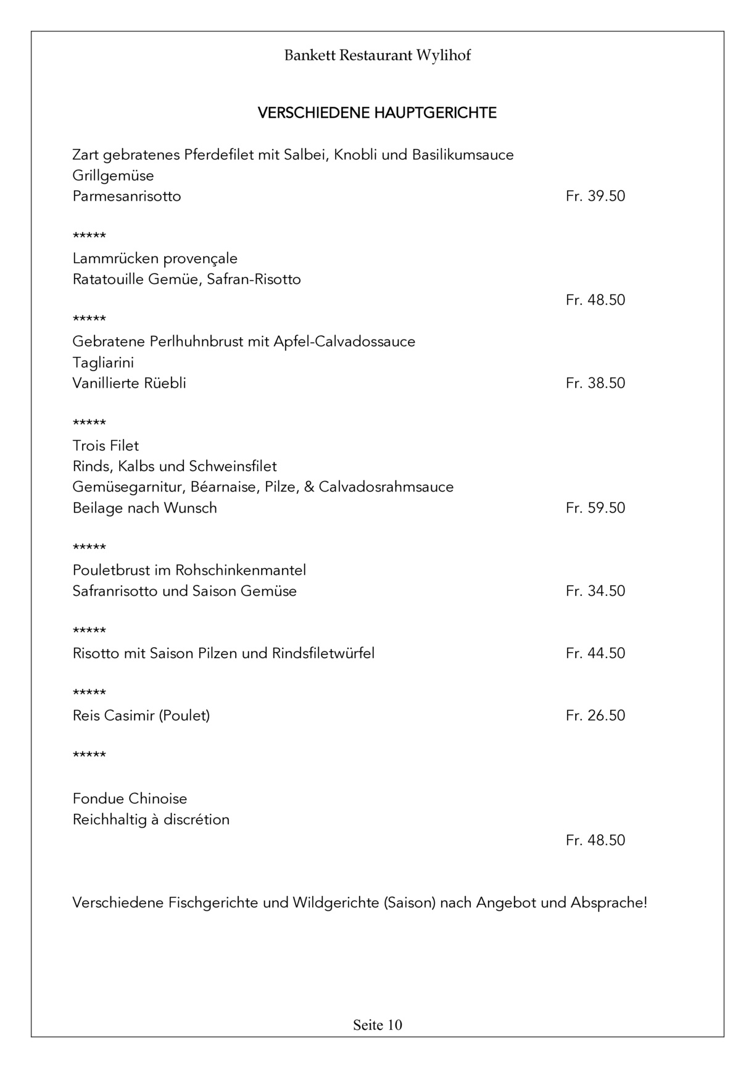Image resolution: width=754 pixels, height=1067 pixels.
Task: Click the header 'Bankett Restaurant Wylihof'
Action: click(x=377, y=56)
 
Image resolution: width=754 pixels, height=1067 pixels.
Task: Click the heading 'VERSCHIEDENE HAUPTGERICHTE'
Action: click(x=377, y=113)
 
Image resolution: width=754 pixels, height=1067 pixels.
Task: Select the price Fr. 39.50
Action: click(x=595, y=196)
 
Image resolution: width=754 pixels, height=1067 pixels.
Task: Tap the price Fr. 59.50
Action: click(x=595, y=508)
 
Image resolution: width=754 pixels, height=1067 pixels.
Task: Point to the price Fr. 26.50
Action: click(x=595, y=716)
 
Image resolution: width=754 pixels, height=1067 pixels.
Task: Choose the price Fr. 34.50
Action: click(x=595, y=591)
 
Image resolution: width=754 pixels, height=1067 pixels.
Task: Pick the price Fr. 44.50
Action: click(x=595, y=653)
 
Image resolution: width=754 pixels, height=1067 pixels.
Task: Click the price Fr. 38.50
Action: click(x=595, y=383)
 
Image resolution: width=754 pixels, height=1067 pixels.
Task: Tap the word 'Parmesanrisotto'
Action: click(x=126, y=196)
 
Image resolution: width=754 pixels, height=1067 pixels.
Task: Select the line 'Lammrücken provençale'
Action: click(x=155, y=259)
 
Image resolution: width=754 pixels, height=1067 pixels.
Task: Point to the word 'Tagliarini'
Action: click(x=103, y=362)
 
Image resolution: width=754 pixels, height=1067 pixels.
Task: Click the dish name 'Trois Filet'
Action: click(x=106, y=446)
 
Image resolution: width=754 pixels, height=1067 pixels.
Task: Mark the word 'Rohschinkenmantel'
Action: click(x=240, y=570)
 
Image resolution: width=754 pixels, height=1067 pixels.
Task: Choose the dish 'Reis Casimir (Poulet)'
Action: click(x=141, y=716)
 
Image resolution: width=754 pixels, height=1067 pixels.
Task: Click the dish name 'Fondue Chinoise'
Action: click(x=130, y=799)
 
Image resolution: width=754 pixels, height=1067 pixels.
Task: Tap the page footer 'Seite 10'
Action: click(x=377, y=1025)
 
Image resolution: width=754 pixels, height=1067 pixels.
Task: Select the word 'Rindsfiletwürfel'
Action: click(x=323, y=653)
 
